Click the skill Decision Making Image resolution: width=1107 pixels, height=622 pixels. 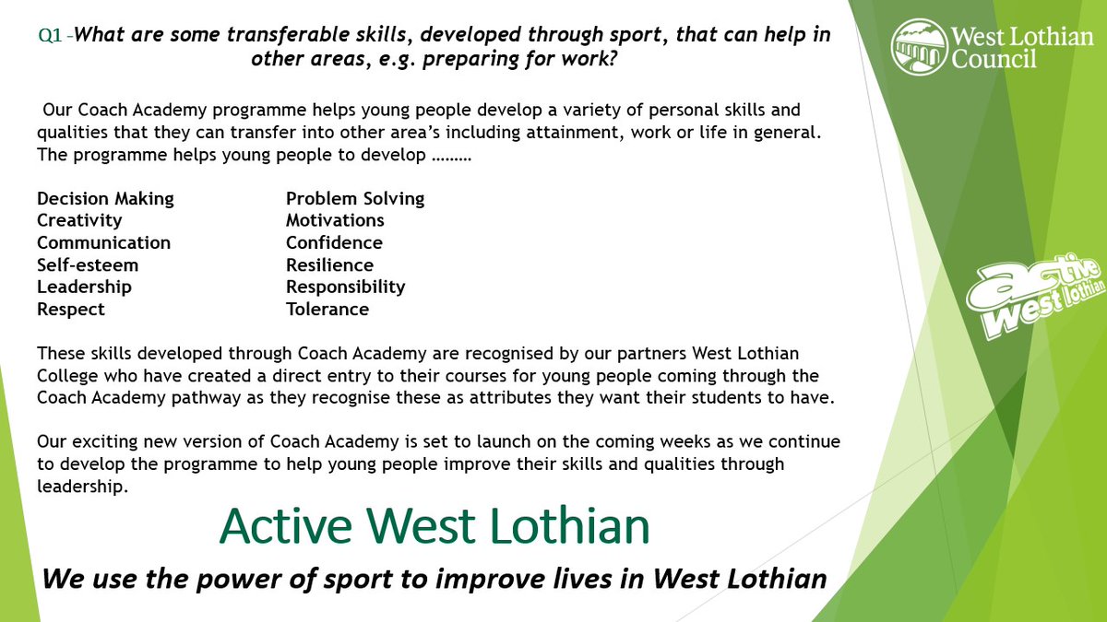[105, 199]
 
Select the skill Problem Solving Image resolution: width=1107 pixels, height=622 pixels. [355, 199]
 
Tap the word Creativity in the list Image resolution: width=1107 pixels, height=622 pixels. [79, 221]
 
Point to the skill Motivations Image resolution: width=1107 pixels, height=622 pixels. [335, 221]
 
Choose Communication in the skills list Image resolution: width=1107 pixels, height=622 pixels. [103, 243]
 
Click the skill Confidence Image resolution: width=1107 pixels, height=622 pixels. [334, 243]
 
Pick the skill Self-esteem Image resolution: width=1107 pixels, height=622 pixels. [88, 265]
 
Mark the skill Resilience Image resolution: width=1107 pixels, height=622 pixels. [329, 265]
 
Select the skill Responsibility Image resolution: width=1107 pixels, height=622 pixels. [345, 288]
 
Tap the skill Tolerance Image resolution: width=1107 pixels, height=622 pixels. [327, 310]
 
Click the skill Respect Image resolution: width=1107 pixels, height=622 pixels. [71, 310]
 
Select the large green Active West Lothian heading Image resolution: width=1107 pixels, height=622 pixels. [434, 526]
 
